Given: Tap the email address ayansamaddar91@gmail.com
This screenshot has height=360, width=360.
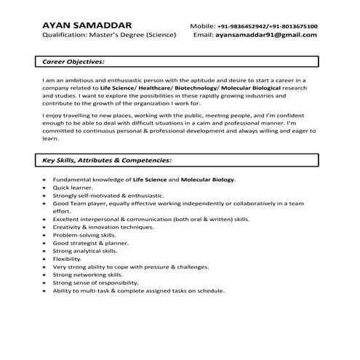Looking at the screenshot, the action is [x=266, y=34].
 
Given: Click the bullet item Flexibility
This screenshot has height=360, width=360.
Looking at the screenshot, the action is [x=68, y=259].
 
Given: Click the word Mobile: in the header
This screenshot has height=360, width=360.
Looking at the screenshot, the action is [x=202, y=25].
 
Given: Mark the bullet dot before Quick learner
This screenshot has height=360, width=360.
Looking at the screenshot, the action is [x=45, y=187].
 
